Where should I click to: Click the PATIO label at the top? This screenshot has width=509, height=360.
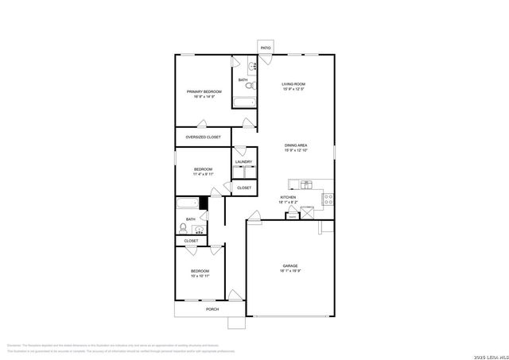click(x=265, y=48)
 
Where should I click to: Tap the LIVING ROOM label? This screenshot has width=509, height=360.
click(x=293, y=84)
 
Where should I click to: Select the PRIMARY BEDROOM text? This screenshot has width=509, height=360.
click(x=204, y=91)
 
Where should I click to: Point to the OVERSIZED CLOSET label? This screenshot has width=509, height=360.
click(x=204, y=137)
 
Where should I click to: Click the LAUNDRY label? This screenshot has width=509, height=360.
click(x=243, y=162)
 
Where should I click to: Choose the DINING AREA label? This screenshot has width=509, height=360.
click(x=296, y=145)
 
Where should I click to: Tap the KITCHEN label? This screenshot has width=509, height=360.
click(x=288, y=197)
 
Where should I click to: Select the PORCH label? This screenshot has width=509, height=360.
click(x=212, y=309)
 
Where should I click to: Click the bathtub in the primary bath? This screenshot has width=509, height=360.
click(x=244, y=102)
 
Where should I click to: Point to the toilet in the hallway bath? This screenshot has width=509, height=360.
click(x=183, y=226)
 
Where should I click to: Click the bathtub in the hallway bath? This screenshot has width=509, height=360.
click(x=188, y=203)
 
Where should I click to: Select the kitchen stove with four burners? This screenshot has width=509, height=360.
click(x=328, y=199)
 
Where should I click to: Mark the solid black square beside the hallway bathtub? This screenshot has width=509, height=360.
click(x=204, y=203)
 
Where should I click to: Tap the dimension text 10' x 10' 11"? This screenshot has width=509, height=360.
click(x=200, y=277)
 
